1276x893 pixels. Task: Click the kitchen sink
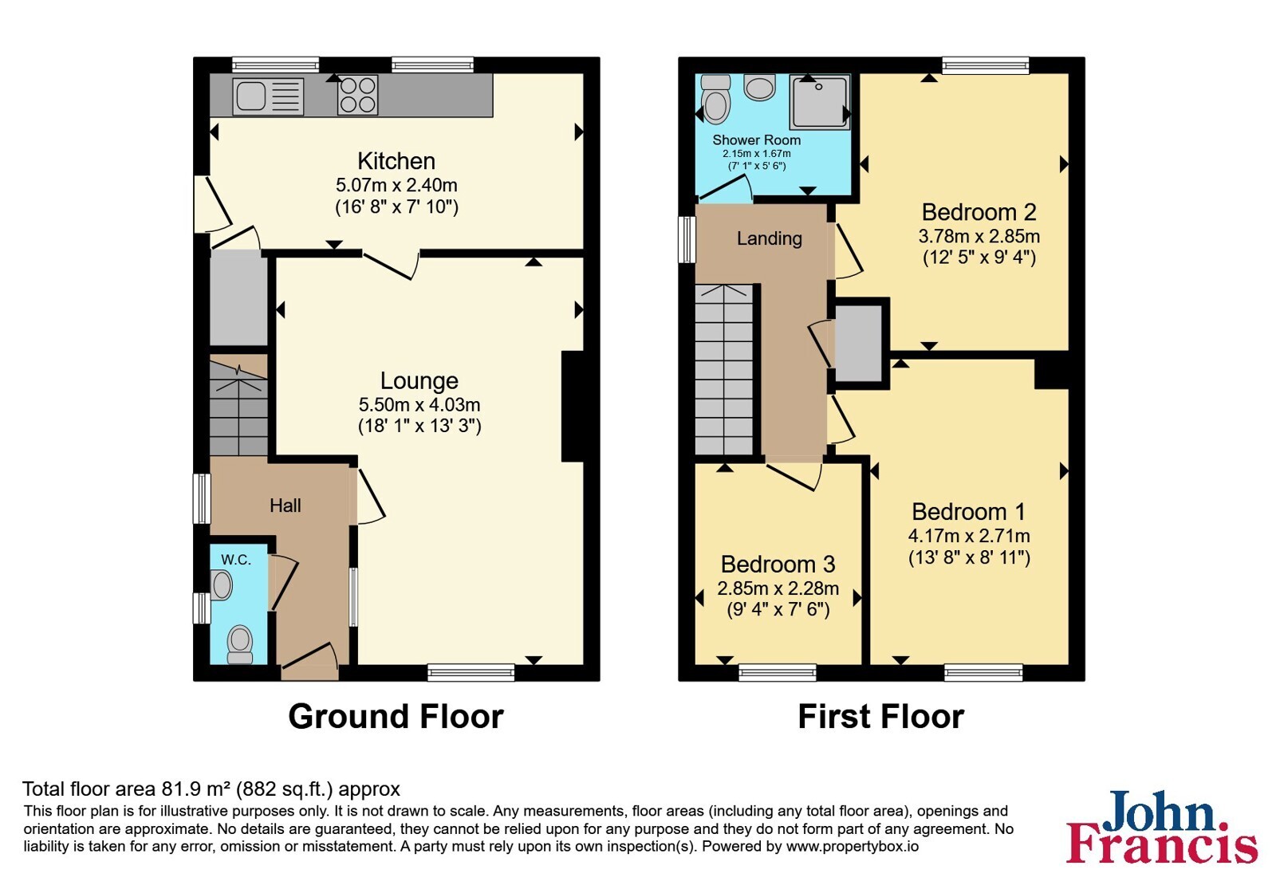tap(268, 96)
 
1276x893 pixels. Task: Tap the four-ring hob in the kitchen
tap(358, 95)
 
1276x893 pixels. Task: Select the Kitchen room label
tap(396, 161)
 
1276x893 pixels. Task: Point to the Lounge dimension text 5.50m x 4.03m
tap(419, 404)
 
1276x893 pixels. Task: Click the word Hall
tap(286, 506)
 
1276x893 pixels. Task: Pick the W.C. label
tap(236, 560)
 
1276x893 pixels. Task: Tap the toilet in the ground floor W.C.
tap(240, 645)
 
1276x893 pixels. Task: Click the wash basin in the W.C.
tap(221, 585)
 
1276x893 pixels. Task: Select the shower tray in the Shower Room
tap(819, 103)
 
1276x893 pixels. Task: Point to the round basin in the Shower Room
tap(759, 88)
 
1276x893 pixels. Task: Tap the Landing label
tap(769, 238)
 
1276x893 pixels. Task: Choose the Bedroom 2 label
tap(979, 212)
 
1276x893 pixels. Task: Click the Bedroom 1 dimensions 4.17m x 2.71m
tap(969, 536)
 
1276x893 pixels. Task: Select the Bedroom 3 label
tap(778, 565)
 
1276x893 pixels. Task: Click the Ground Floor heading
tap(396, 716)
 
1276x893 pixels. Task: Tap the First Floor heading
tap(880, 716)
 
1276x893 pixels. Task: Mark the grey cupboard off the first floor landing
tap(858, 344)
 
